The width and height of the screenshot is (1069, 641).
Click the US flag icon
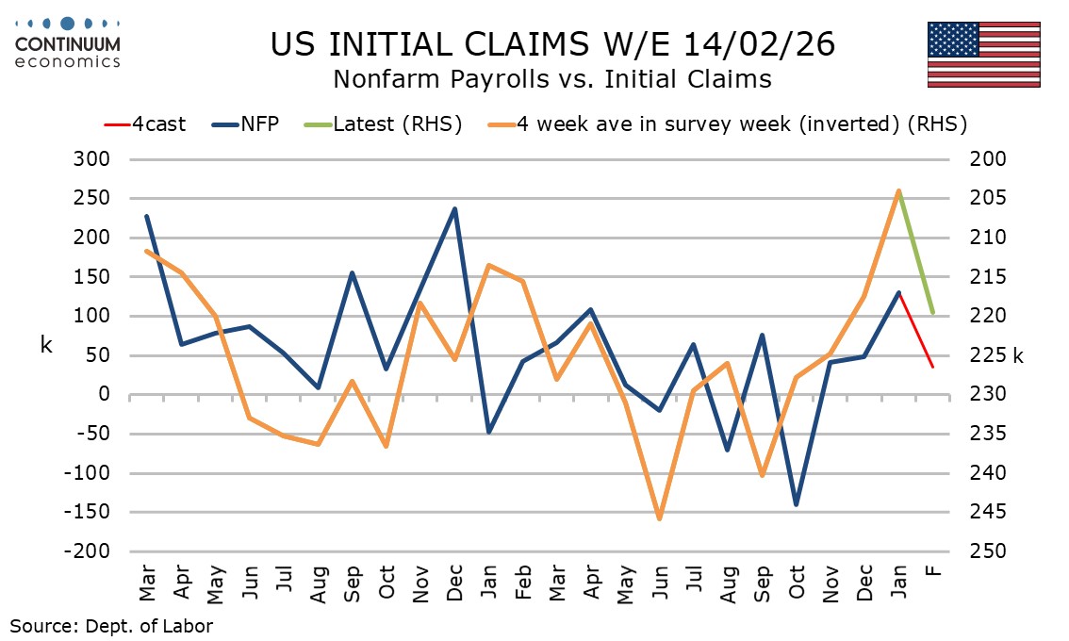983,55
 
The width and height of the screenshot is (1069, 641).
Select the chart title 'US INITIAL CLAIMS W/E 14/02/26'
552,44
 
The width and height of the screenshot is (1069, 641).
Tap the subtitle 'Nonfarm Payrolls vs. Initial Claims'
552,79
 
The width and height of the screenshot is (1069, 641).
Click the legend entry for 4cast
145,123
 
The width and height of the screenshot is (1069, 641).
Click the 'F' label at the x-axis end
933,570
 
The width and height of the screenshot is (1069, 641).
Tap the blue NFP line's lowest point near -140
797,504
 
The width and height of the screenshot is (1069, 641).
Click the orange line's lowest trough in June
660,518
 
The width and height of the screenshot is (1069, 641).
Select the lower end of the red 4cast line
933,367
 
